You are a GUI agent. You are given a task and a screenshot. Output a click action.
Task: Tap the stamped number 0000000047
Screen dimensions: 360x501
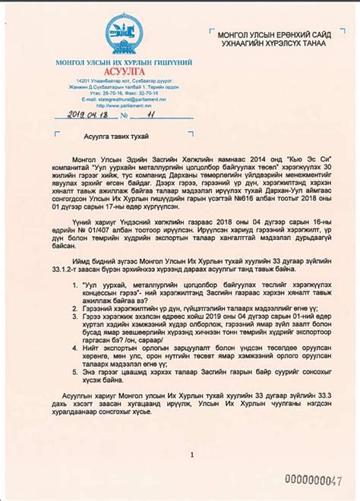tap(311, 480)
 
